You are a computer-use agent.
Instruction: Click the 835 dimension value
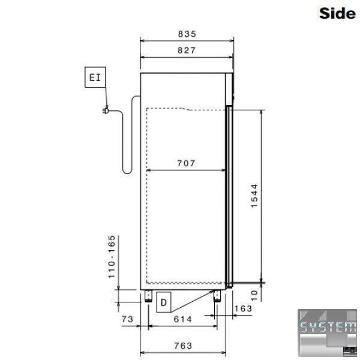point(187,34)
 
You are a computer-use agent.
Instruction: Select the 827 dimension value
point(187,50)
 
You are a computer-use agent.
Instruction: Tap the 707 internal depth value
point(186,163)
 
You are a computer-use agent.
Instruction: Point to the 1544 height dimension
point(254,196)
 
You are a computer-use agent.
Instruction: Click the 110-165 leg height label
point(112,257)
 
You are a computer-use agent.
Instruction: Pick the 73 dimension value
point(127,319)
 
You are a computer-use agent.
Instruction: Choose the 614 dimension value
point(183,319)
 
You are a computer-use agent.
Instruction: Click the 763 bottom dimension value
point(183,346)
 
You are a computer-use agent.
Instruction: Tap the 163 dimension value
point(243,308)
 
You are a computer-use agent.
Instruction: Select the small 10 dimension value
point(254,295)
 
